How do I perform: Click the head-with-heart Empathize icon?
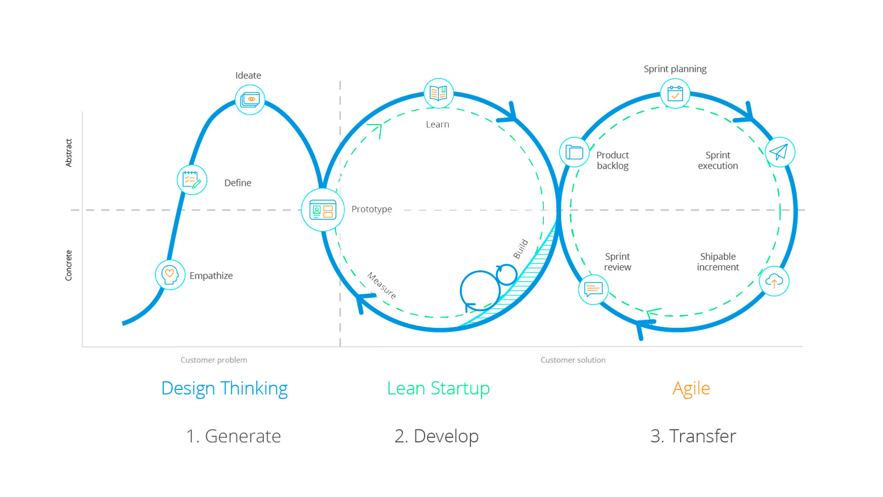[170, 275]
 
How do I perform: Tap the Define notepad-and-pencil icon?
[192, 180]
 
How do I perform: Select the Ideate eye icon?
[250, 100]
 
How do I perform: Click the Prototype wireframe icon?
[323, 210]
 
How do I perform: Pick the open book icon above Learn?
[439, 93]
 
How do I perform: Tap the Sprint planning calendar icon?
[675, 94]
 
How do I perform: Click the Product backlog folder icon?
[574, 152]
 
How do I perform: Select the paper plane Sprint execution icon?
[780, 152]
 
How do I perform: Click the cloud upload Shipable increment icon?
[774, 281]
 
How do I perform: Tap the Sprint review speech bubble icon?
[593, 289]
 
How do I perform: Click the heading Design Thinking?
[224, 389]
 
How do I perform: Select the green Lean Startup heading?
[438, 389]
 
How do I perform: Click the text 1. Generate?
[234, 436]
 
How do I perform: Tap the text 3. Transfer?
[693, 436]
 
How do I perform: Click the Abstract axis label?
[68, 153]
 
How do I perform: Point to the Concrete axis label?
[68, 265]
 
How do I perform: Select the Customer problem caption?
[214, 360]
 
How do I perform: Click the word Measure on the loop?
[382, 286]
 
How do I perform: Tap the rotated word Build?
[521, 249]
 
